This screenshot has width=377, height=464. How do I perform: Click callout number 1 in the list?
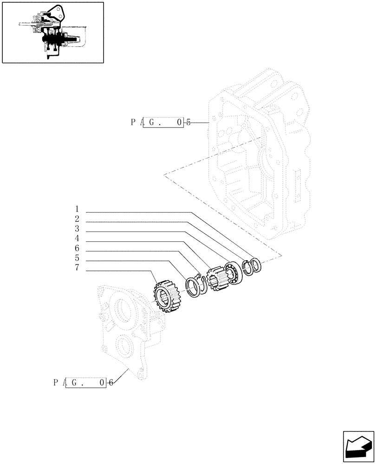point(77,209)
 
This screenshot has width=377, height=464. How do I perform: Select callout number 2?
point(77,219)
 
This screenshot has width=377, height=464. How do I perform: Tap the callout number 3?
point(77,229)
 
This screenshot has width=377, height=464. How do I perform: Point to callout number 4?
point(77,238)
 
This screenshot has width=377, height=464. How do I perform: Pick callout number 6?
point(77,249)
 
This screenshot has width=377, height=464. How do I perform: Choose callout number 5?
point(77,258)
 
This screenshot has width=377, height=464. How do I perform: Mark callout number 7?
point(77,269)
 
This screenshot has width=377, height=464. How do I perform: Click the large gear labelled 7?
point(166,297)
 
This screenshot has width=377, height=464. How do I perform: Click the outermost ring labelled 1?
point(256,265)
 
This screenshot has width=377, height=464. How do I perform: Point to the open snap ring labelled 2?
point(247,268)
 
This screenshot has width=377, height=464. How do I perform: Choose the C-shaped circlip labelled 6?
point(204,282)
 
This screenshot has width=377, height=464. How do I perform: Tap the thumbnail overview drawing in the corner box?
point(53,32)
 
